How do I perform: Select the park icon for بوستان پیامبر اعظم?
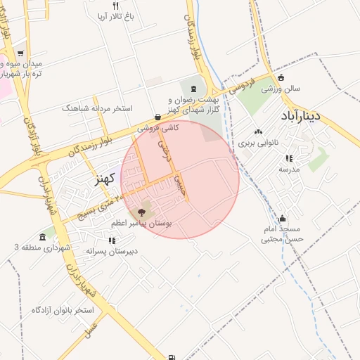142,212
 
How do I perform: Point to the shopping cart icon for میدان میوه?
20,52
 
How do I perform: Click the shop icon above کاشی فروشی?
157,117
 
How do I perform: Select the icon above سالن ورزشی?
282,78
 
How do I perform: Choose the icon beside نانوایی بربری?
257,131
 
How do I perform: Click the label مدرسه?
289,169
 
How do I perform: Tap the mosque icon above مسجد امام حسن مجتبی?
282,218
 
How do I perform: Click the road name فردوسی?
241,88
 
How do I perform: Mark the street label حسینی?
182,184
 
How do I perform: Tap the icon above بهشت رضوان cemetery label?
193,90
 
